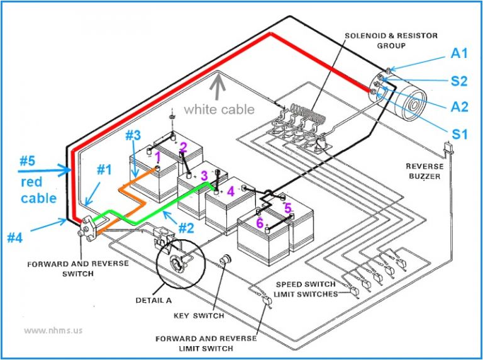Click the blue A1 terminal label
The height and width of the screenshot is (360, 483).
[459, 53]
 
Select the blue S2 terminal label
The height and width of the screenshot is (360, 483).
[459, 81]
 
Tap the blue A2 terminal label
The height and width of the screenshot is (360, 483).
[459, 107]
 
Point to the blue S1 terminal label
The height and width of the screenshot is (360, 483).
[459, 133]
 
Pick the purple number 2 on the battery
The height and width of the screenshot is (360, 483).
[183, 147]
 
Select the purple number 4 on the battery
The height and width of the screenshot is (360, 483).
[230, 190]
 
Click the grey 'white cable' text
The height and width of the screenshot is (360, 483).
[219, 110]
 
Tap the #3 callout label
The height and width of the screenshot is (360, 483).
[132, 135]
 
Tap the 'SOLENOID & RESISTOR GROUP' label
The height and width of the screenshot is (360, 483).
[391, 41]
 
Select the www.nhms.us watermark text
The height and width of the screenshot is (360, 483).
[53, 330]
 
